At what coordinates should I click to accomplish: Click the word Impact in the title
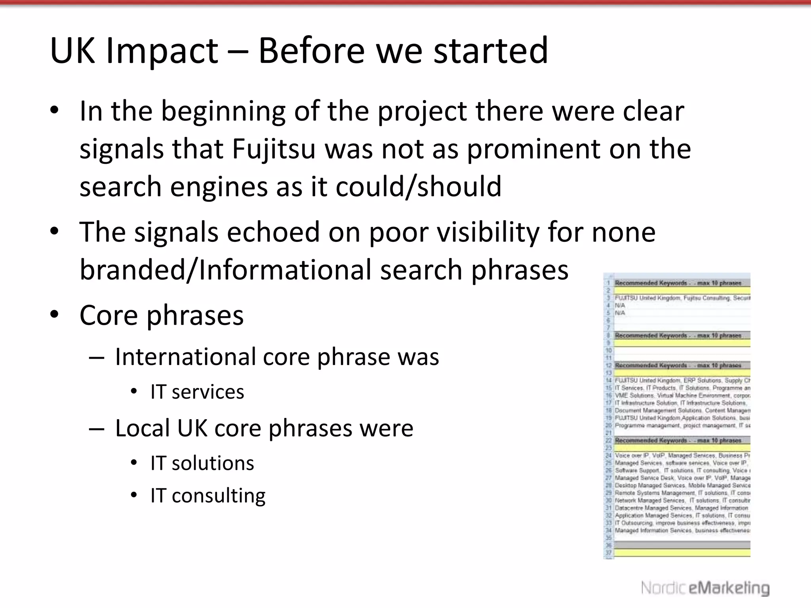(x=162, y=51)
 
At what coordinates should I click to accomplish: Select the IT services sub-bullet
(x=197, y=392)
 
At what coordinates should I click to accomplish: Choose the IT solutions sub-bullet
(x=202, y=463)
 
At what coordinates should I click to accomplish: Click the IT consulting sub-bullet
(x=208, y=496)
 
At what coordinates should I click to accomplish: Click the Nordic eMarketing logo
(x=705, y=588)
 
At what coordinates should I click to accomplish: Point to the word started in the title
(x=491, y=51)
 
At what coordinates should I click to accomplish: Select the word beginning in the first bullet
(x=223, y=111)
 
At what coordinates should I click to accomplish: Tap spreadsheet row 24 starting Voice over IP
(x=681, y=456)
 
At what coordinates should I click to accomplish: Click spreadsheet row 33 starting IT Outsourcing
(x=681, y=523)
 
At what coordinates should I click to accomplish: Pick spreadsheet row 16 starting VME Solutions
(x=681, y=395)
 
